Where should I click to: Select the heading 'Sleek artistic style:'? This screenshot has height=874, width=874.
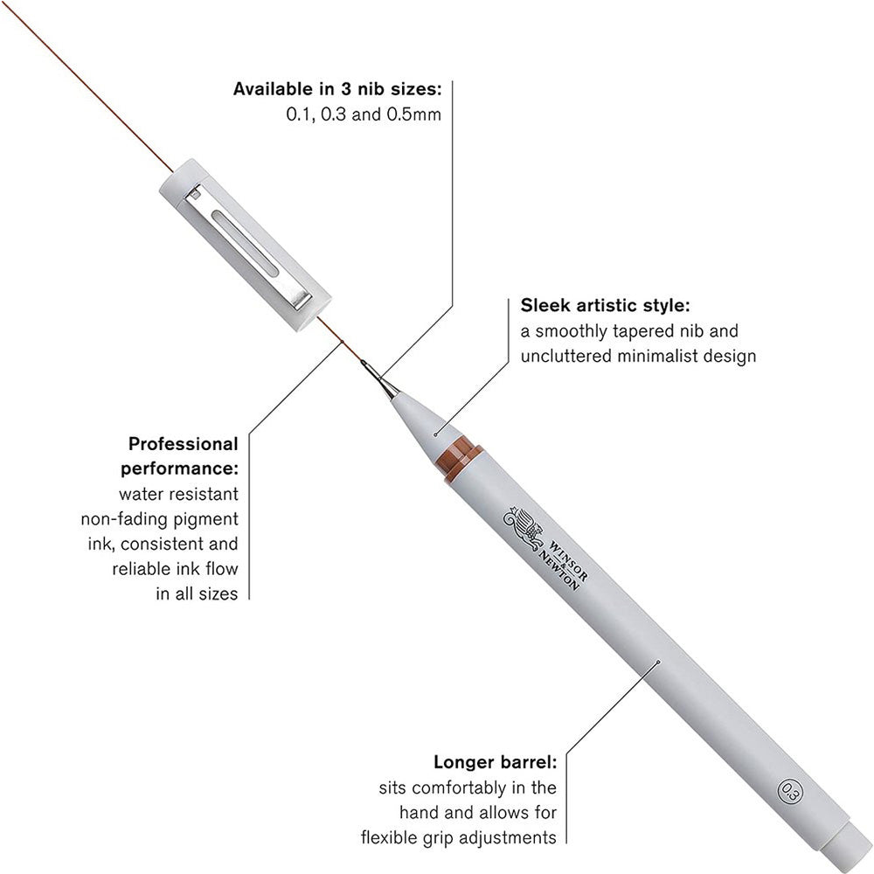pos(606,306)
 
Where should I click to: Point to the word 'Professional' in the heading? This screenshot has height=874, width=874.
pos(183,444)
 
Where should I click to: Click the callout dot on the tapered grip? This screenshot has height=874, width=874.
pos(435,430)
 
